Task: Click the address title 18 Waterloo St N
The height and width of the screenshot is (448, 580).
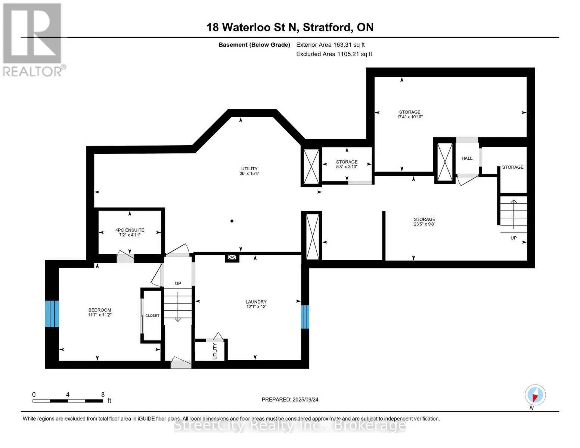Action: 290,27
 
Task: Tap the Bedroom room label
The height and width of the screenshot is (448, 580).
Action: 100,312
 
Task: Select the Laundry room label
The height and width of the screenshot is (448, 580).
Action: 256,304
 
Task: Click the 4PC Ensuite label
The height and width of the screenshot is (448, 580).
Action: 130,232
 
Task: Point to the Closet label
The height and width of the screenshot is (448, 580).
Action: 152,315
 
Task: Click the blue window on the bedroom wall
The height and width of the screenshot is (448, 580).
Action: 52,314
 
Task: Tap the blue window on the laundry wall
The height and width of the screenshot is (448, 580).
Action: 305,317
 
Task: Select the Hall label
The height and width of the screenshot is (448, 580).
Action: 467,158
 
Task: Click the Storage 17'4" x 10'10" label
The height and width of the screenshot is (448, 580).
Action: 410,114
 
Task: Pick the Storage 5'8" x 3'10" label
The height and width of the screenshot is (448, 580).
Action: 347,164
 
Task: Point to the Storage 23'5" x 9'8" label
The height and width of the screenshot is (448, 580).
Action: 424,222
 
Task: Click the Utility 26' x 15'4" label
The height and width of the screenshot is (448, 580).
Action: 249,171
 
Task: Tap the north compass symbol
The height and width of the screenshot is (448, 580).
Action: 535,395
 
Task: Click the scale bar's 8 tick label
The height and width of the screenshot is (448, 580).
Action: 103,395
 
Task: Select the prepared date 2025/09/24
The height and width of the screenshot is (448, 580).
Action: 290,399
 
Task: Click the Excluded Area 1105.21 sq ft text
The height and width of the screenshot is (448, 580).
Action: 334,54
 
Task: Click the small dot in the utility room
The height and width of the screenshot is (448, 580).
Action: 232,221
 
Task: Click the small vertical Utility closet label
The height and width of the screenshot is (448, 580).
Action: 215,351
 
